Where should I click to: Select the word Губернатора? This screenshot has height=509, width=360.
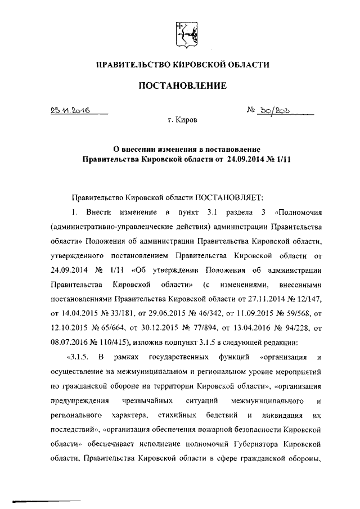pos(266,444)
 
